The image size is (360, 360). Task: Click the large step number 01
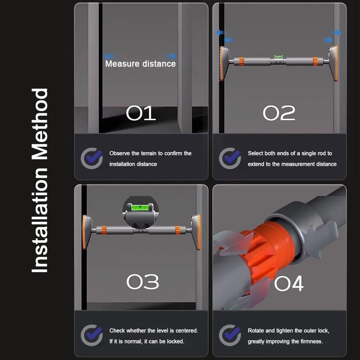(x=141, y=113)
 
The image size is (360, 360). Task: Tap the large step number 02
(x=279, y=113)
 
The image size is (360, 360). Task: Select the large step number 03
(x=142, y=282)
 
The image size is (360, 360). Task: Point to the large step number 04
(x=289, y=283)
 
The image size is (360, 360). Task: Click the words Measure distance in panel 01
(x=141, y=64)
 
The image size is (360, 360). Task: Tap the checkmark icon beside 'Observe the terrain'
(x=92, y=158)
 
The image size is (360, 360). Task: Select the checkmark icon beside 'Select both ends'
(x=230, y=158)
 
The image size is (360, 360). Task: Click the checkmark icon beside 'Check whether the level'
(x=92, y=335)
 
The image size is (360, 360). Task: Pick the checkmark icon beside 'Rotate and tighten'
(x=230, y=335)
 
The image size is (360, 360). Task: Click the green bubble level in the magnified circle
(x=140, y=208)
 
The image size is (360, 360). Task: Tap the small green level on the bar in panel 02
(x=278, y=56)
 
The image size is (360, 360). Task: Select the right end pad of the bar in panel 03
(x=196, y=232)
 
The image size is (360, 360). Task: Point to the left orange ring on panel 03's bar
(x=104, y=230)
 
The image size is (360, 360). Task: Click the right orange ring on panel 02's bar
(x=315, y=61)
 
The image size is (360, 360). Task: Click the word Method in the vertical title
(x=40, y=124)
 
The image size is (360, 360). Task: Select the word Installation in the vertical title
(x=40, y=220)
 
